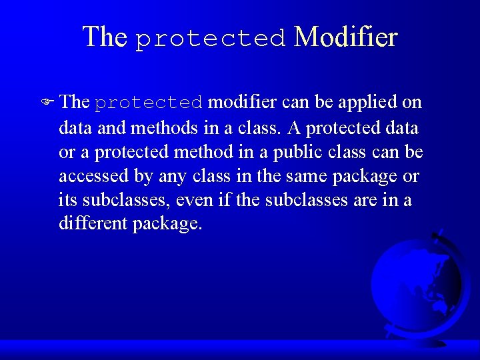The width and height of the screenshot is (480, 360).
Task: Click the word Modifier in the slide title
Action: [345, 37]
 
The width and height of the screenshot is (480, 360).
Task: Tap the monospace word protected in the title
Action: [210, 39]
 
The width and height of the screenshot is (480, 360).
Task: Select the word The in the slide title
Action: [104, 37]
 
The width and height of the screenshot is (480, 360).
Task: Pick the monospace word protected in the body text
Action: [149, 103]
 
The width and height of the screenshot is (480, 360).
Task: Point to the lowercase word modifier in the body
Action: [242, 102]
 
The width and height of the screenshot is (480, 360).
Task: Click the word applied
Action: [371, 102]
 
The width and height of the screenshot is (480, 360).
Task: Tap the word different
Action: [93, 223]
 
